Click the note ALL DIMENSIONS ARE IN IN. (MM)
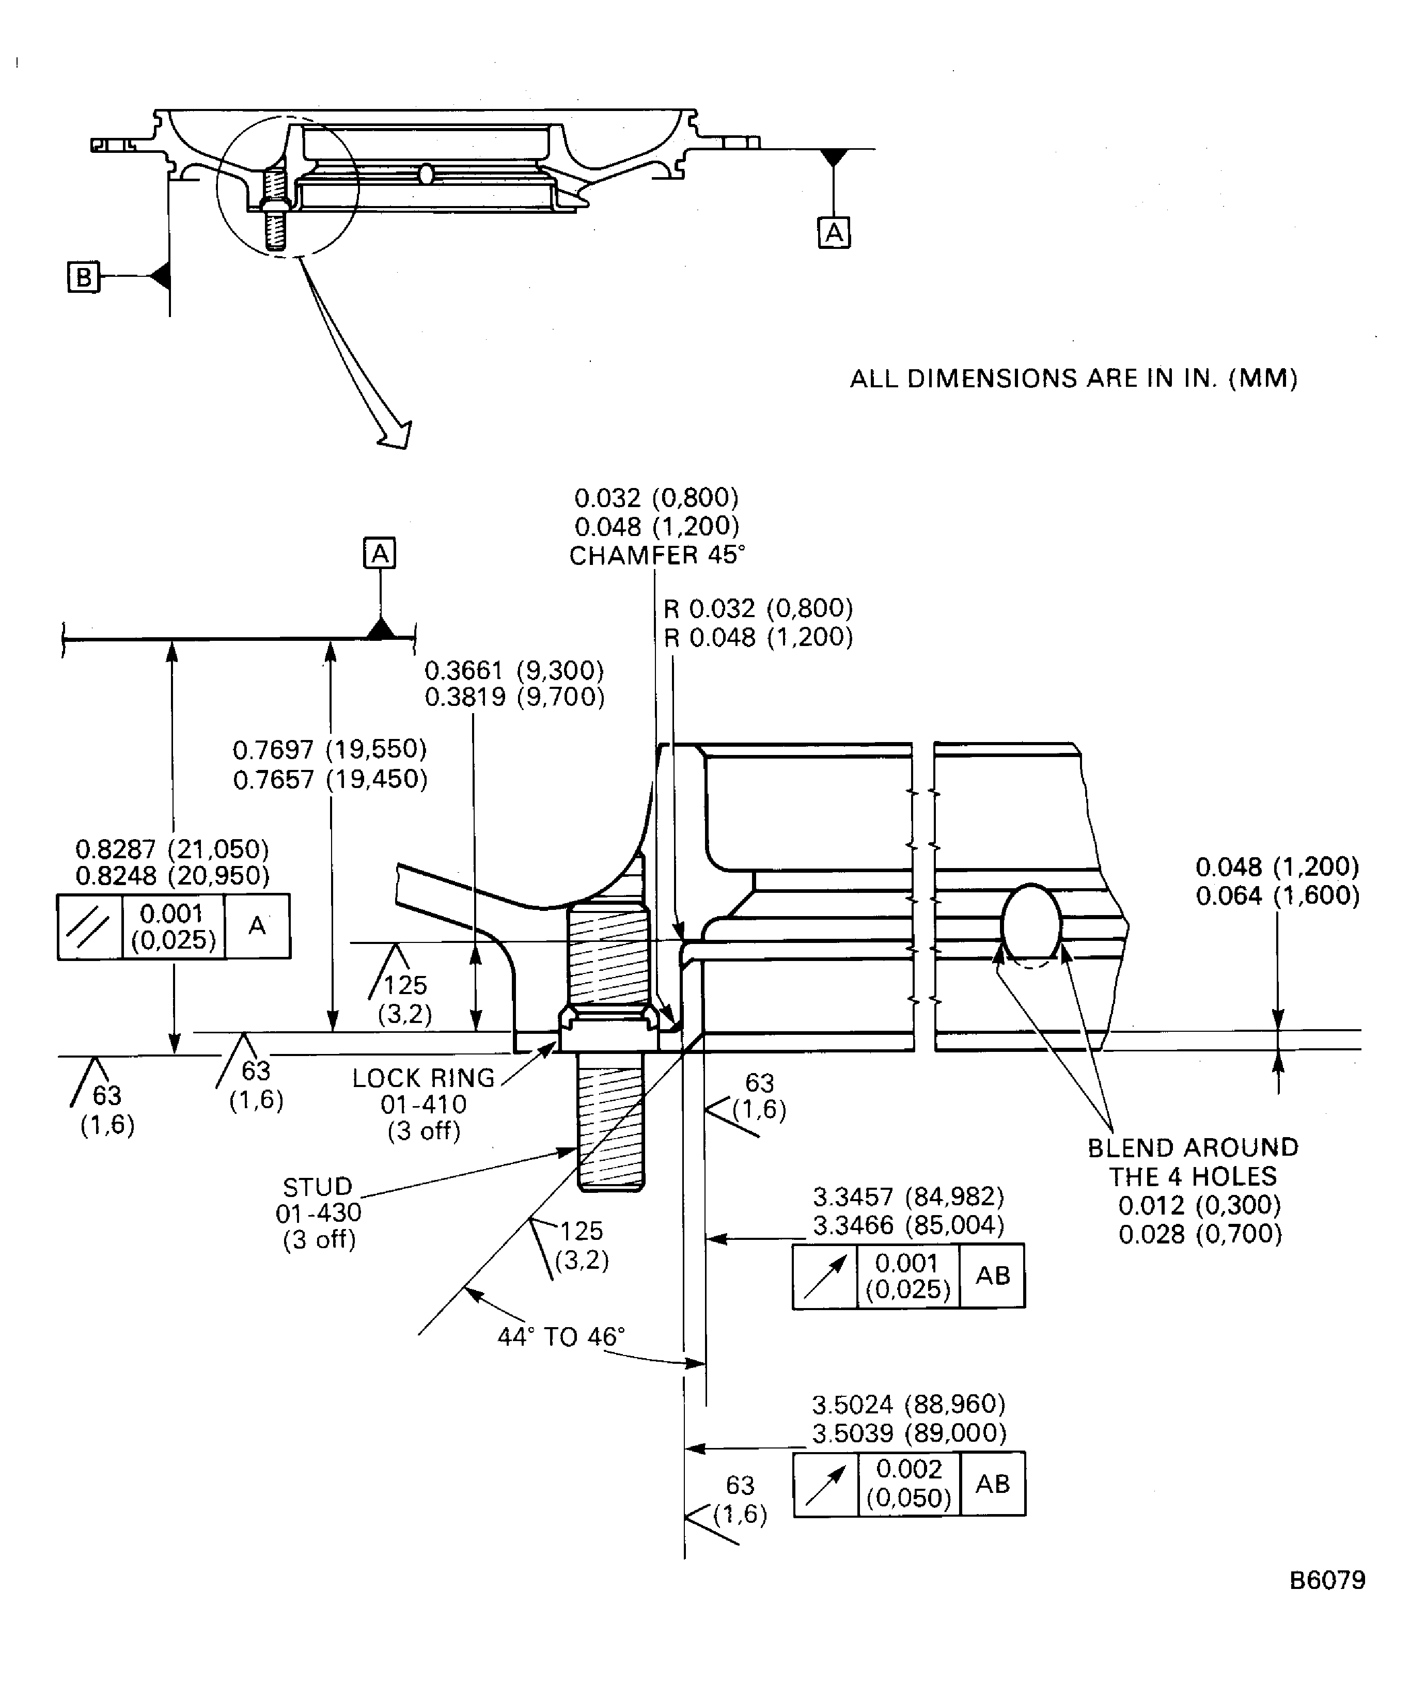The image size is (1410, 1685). [x=1073, y=378]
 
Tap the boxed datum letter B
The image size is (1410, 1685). [x=83, y=278]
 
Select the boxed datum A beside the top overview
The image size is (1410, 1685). [x=833, y=233]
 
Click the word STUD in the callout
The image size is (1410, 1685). [x=318, y=1187]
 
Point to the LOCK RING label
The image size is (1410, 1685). [x=424, y=1078]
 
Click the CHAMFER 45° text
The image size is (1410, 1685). [x=656, y=555]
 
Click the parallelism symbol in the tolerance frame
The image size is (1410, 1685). [x=89, y=927]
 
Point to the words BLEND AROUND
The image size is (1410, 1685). [x=1193, y=1147]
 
